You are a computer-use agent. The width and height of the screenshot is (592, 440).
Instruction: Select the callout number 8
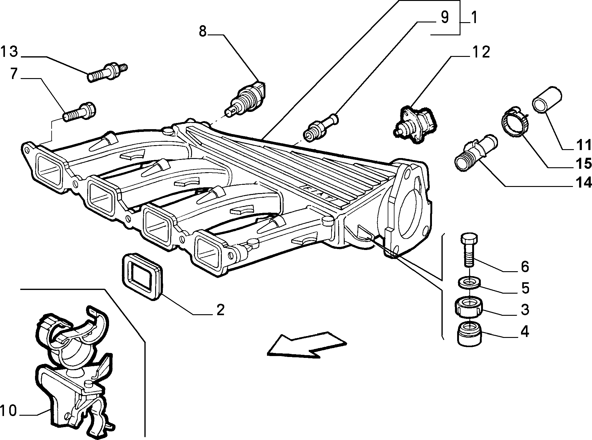[x=202, y=31]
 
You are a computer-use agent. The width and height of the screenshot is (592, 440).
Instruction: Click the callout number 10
[x=8, y=410]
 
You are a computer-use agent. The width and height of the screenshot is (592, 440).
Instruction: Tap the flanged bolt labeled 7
[x=79, y=112]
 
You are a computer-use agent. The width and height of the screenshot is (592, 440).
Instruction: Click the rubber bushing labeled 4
[x=469, y=335]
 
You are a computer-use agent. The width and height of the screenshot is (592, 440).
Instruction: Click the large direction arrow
[x=307, y=344]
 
